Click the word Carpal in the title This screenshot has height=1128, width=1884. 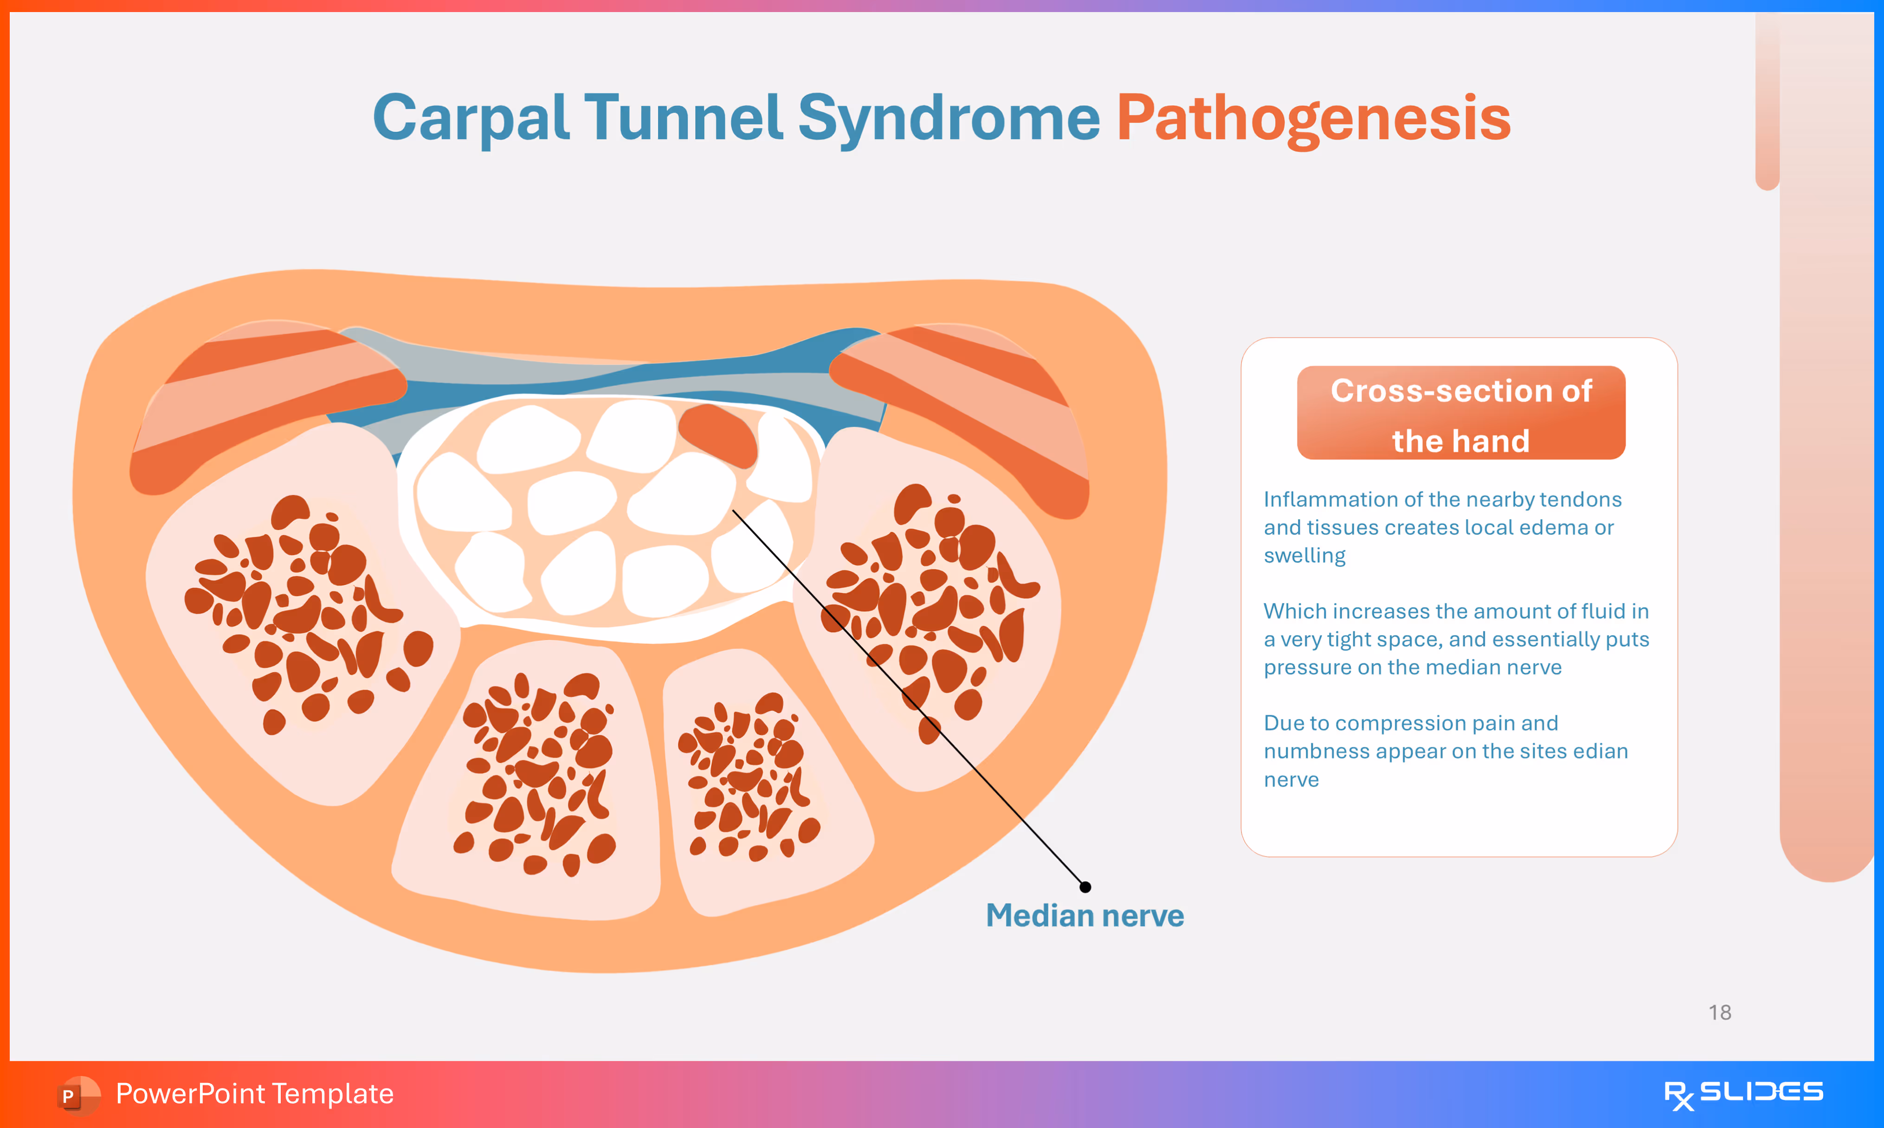coord(471,118)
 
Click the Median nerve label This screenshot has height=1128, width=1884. coord(1085,915)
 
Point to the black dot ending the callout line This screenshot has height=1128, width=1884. coord(1085,887)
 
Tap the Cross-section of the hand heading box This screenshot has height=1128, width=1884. coord(1461,413)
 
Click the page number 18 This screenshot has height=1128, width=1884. coord(1720,1012)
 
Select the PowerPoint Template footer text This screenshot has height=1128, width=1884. coord(254,1094)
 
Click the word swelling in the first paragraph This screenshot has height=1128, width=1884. coord(1304,557)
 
